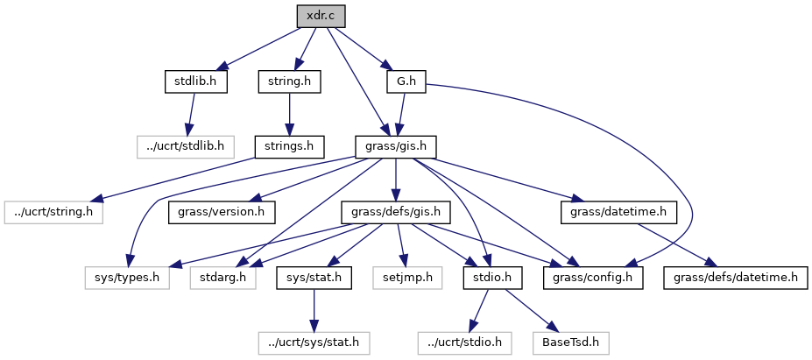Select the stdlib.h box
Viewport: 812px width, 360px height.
[195, 81]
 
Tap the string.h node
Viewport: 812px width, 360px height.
[289, 81]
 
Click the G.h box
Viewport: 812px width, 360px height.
[406, 81]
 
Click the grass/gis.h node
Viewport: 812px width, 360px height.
[395, 145]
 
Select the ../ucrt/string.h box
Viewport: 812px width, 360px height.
[53, 211]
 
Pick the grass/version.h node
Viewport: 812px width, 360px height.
[222, 211]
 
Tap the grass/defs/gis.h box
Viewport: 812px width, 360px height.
[395, 211]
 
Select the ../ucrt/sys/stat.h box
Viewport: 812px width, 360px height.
[314, 342]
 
